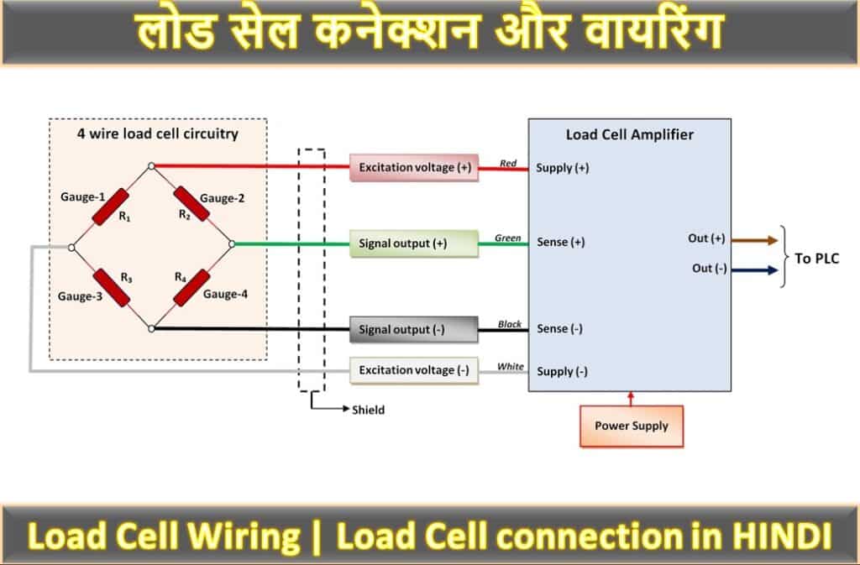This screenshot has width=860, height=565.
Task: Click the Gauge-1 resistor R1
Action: pyautogui.click(x=111, y=207)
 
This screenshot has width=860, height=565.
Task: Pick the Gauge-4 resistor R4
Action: pyautogui.click(x=191, y=287)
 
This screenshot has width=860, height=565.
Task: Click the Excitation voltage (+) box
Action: pyautogui.click(x=414, y=167)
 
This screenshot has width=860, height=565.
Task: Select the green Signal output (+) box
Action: pyautogui.click(x=414, y=243)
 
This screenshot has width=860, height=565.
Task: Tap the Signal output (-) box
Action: pyautogui.click(x=414, y=329)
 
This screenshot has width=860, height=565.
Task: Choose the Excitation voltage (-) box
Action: pyautogui.click(x=414, y=369)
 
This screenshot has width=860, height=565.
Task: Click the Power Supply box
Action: pyautogui.click(x=632, y=426)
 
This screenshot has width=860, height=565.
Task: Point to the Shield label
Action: pyautogui.click(x=368, y=410)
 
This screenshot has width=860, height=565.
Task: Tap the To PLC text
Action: pyautogui.click(x=816, y=259)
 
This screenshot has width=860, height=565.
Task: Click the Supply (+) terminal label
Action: pyautogui.click(x=562, y=168)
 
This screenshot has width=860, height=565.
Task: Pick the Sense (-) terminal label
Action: pyautogui.click(x=559, y=329)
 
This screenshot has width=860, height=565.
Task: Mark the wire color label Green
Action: pyautogui.click(x=508, y=238)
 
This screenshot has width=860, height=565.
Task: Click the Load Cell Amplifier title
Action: pyautogui.click(x=630, y=133)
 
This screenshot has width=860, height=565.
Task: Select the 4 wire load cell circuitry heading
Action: pyautogui.click(x=158, y=133)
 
